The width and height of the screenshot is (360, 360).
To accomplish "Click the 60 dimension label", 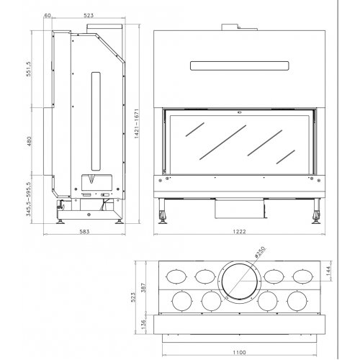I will click(x=47, y=14).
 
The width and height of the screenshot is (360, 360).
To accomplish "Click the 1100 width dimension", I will click(x=238, y=352).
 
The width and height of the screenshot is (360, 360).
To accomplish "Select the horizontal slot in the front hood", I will click(x=238, y=66).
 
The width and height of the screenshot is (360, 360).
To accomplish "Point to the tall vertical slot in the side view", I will click(x=93, y=119).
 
